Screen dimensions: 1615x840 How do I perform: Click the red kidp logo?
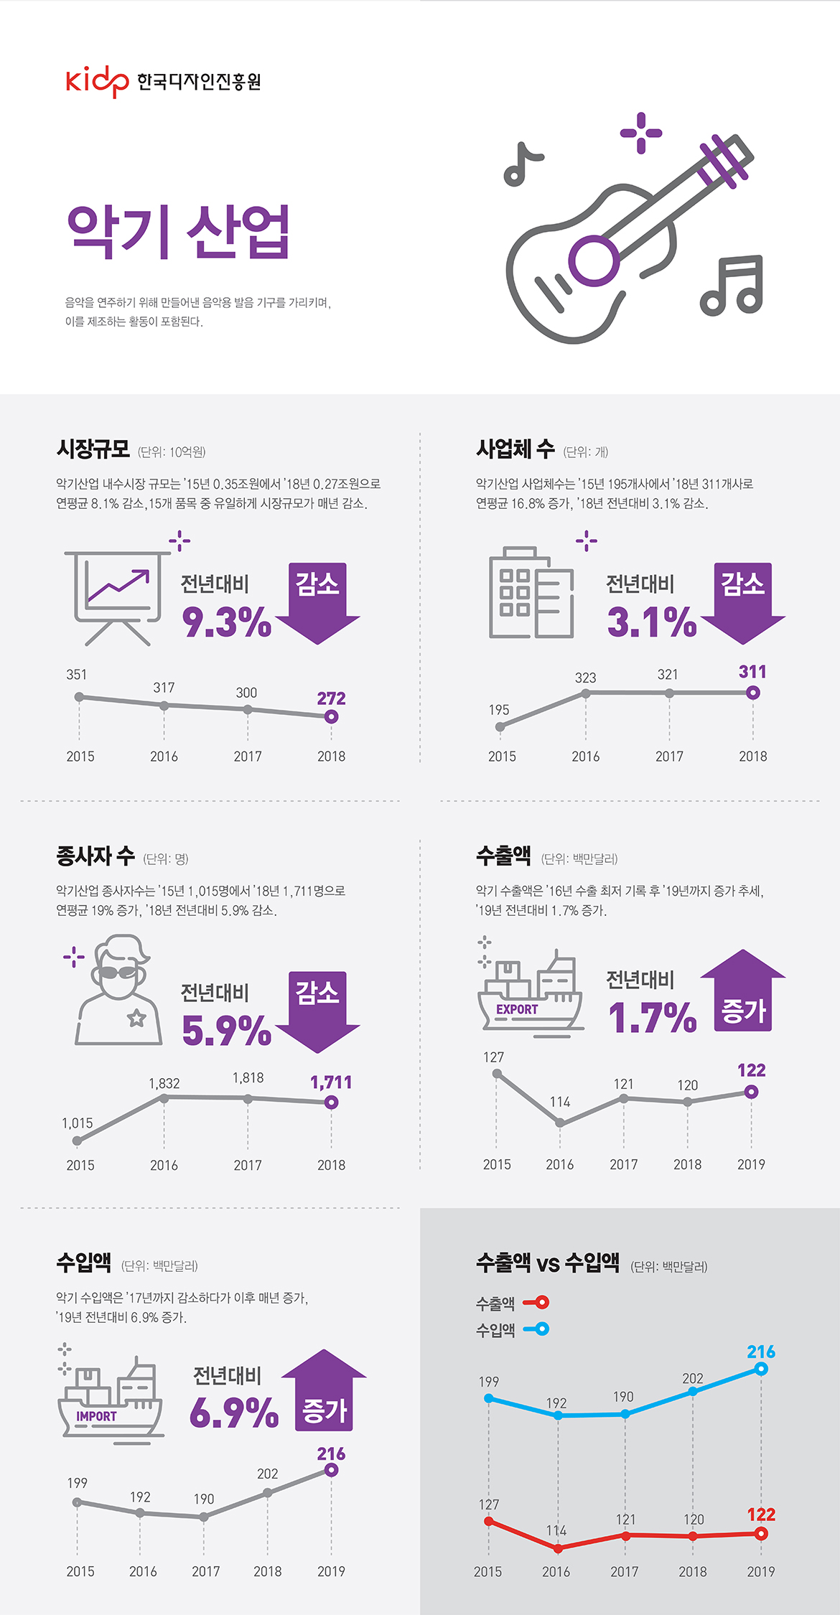point(97,80)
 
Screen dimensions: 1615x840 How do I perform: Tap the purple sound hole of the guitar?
point(594,261)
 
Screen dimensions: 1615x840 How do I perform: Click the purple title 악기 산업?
point(178,231)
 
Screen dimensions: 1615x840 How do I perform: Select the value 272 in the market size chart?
point(331,698)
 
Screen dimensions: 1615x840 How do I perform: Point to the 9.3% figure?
point(226,622)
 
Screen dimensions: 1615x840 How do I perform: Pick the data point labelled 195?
point(500,726)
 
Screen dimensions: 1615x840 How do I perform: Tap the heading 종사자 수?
point(95,856)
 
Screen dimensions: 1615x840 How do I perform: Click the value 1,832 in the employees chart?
point(164,1083)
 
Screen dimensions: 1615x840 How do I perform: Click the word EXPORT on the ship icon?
point(517,1009)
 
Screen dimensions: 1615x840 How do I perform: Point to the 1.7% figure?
point(652,1018)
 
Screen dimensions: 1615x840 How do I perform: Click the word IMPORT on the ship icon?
point(96,1416)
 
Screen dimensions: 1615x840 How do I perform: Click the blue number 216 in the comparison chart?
point(761,1352)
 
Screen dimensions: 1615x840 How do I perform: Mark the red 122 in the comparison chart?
point(761,1515)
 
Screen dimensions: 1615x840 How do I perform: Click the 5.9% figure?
point(226,1030)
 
